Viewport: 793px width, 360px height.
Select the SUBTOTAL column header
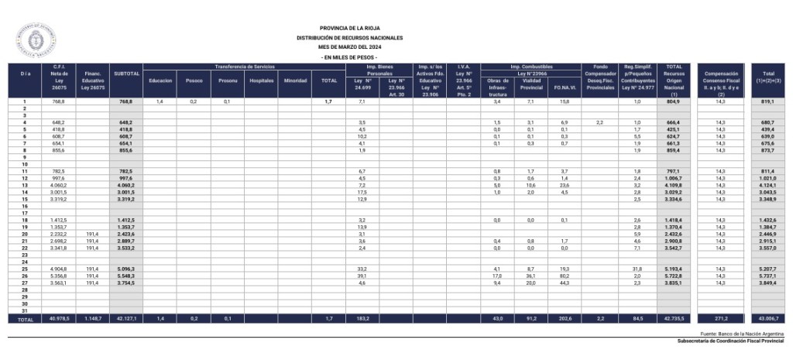[x=127, y=74]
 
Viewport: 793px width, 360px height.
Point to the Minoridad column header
[x=295, y=81]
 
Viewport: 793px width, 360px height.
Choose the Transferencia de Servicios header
[x=244, y=67]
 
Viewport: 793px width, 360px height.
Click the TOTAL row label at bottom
[x=25, y=319]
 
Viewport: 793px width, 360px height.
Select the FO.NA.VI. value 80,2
[x=564, y=276]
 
